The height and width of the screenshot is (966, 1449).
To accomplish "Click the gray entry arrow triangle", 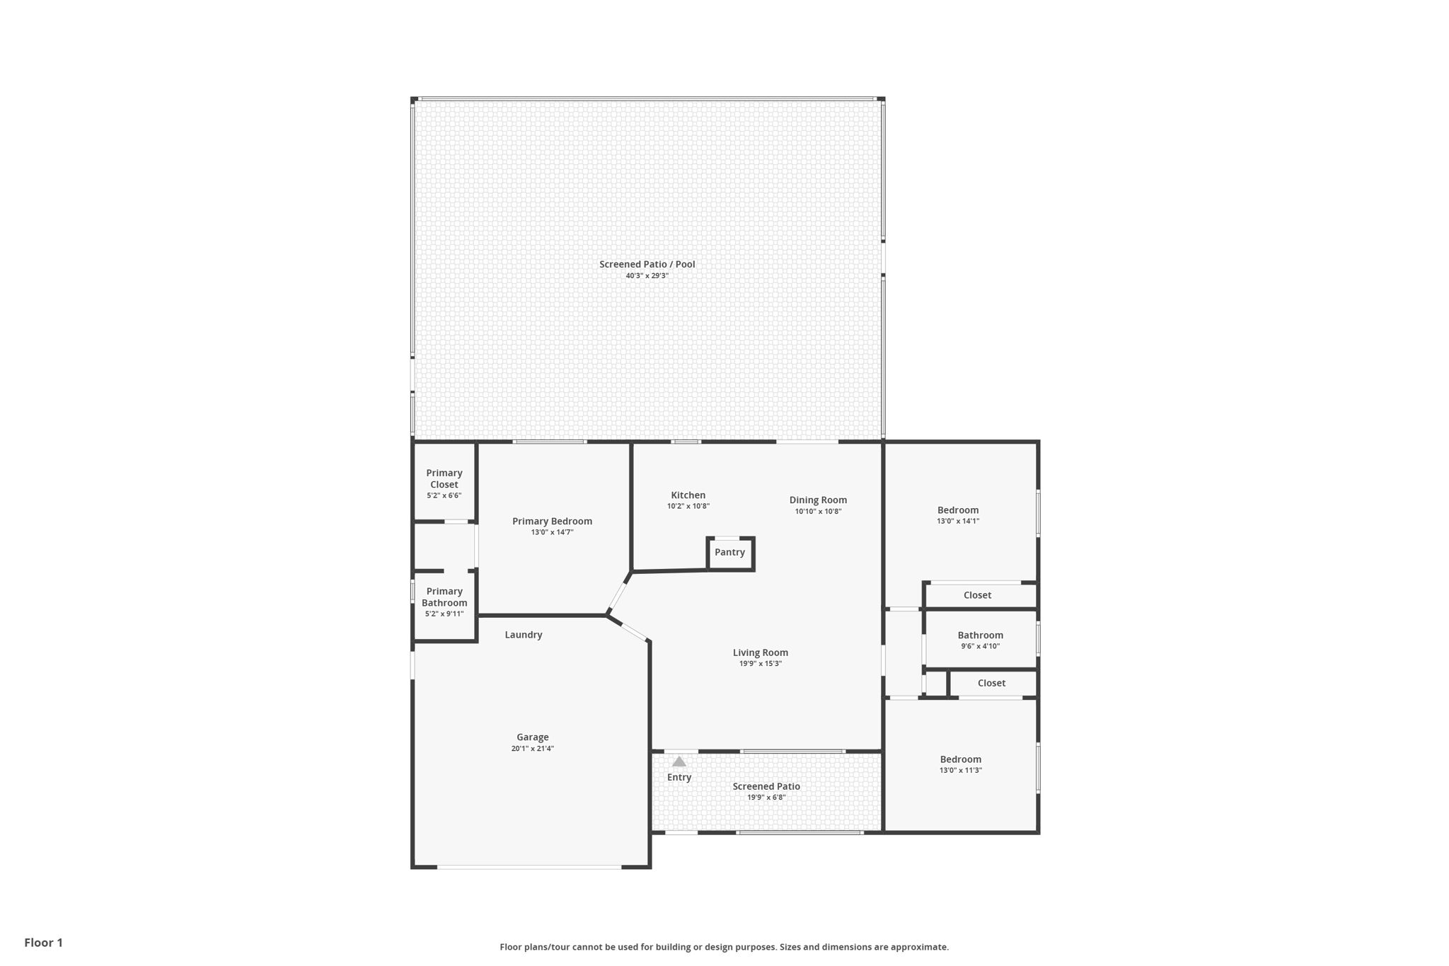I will [679, 762].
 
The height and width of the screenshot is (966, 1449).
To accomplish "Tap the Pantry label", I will [729, 552].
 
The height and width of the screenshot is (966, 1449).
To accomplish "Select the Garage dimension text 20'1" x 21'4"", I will [532, 749].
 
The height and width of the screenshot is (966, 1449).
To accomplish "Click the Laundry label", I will [524, 635].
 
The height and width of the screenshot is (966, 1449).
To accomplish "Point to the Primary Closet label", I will [444, 478].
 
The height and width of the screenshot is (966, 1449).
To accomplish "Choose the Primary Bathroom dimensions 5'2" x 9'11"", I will [444, 614].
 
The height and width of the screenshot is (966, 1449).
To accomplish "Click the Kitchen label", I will [688, 495].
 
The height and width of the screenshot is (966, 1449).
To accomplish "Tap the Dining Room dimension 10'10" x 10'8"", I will [818, 512].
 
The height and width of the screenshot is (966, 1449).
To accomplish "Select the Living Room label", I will [760, 652].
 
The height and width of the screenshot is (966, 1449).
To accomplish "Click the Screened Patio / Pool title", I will [647, 264].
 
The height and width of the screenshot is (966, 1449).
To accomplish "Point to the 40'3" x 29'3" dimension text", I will [647, 276].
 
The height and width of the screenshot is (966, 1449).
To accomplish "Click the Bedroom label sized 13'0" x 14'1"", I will [958, 510].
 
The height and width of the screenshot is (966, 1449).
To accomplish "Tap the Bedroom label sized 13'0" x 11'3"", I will [960, 759].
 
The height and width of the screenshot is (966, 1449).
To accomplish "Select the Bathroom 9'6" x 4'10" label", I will [980, 636].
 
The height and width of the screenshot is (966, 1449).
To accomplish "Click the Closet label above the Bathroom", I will [977, 595].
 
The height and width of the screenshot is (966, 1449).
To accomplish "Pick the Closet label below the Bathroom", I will [991, 683].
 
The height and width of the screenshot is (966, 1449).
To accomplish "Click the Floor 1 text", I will [43, 943].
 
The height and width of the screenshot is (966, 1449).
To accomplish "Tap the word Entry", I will [679, 777].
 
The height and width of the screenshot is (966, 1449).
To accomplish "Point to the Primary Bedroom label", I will [552, 522].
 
